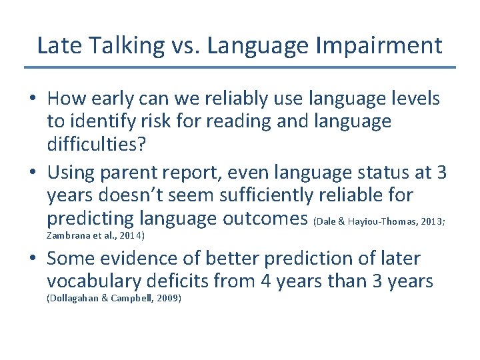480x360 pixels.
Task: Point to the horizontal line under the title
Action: pyautogui.click(x=240, y=67)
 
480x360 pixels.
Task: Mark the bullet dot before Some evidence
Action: pyautogui.click(x=33, y=259)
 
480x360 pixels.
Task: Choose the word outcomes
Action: pyautogui.click(x=263, y=218)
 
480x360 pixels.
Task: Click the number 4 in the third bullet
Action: pyautogui.click(x=264, y=281)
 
